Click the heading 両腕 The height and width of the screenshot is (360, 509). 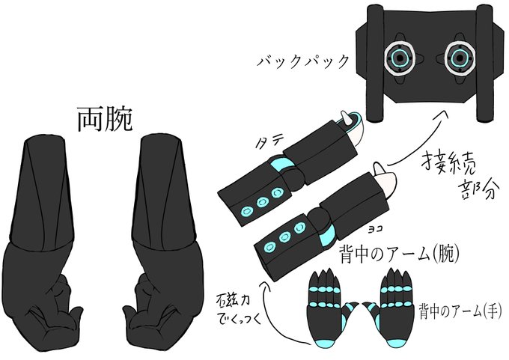coord(105,118)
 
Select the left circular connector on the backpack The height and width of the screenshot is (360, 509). coord(402,57)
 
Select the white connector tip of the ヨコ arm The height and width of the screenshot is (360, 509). coord(386,179)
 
